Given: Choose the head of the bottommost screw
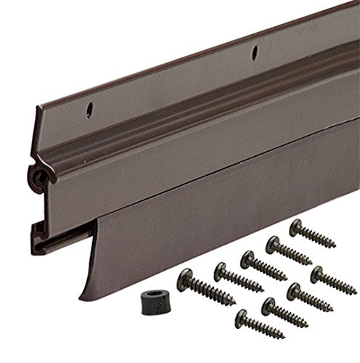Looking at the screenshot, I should coord(243,317).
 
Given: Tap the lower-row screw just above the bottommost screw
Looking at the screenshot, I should coord(269,304).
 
